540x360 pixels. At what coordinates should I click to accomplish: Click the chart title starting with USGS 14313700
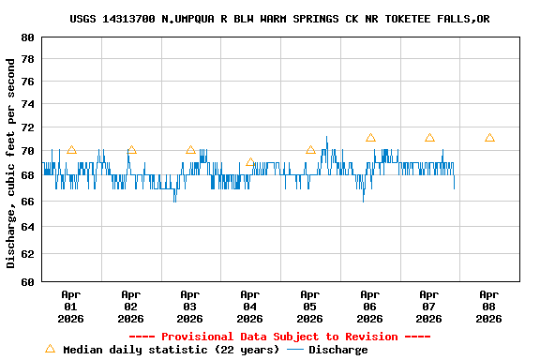(279, 19)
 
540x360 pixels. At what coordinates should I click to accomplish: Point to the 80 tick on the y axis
(26, 37)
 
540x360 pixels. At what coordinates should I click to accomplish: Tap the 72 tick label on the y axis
(26, 127)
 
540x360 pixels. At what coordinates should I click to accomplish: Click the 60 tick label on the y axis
(26, 280)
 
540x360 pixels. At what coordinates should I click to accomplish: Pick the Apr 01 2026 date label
(71, 306)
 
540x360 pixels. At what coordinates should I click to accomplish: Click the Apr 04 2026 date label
(249, 306)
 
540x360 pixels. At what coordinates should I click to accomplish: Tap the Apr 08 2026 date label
(488, 306)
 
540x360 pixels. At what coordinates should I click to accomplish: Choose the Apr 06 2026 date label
(369, 306)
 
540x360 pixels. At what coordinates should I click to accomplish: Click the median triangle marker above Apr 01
(71, 150)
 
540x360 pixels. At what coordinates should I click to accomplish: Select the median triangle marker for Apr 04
(250, 162)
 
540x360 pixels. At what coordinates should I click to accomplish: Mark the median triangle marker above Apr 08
(489, 138)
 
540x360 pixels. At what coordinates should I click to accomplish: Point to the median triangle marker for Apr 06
(370, 138)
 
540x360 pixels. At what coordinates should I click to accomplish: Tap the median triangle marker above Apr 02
(131, 150)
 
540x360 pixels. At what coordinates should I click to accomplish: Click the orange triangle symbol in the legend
(50, 349)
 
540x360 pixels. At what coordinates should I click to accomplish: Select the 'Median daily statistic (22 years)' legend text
(171, 350)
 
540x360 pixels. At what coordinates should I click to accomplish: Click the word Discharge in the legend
(337, 350)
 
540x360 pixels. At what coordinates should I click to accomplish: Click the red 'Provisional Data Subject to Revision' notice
(279, 337)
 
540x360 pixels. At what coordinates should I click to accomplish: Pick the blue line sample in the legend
(295, 350)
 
